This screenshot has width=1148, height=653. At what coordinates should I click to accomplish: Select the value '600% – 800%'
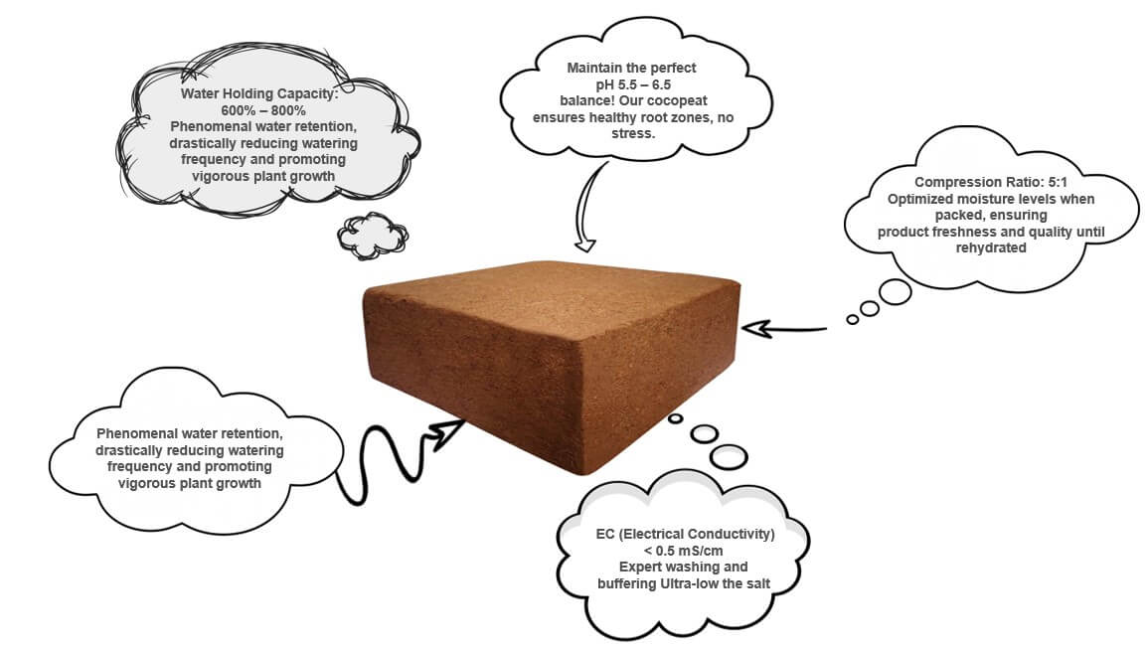[263, 110]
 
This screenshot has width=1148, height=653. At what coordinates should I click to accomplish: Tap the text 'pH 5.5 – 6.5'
[631, 84]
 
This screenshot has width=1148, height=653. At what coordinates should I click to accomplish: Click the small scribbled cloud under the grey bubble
[372, 234]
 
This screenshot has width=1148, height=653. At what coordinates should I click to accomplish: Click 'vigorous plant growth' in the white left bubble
[190, 483]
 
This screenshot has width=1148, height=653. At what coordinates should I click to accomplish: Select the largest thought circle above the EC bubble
[729, 456]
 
